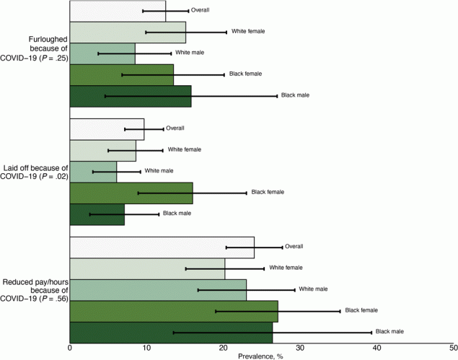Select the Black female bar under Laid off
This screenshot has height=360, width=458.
coord(131,193)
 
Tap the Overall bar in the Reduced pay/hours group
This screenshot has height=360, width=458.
coord(162,247)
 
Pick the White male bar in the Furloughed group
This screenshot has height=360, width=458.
coord(102,53)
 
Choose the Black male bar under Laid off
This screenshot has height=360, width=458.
coord(97,214)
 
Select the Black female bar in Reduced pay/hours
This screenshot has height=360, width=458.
coord(173,311)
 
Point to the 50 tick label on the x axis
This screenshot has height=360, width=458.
coord(452,348)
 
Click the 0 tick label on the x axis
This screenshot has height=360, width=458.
coord(70,348)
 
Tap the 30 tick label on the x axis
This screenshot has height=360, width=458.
coord(299,348)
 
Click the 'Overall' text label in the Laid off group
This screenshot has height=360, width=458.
coord(176,128)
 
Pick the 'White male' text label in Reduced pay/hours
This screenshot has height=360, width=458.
coord(313,289)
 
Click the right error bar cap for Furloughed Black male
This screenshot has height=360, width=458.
coord(276,96)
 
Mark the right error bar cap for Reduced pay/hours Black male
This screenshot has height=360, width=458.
coord(371,333)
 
